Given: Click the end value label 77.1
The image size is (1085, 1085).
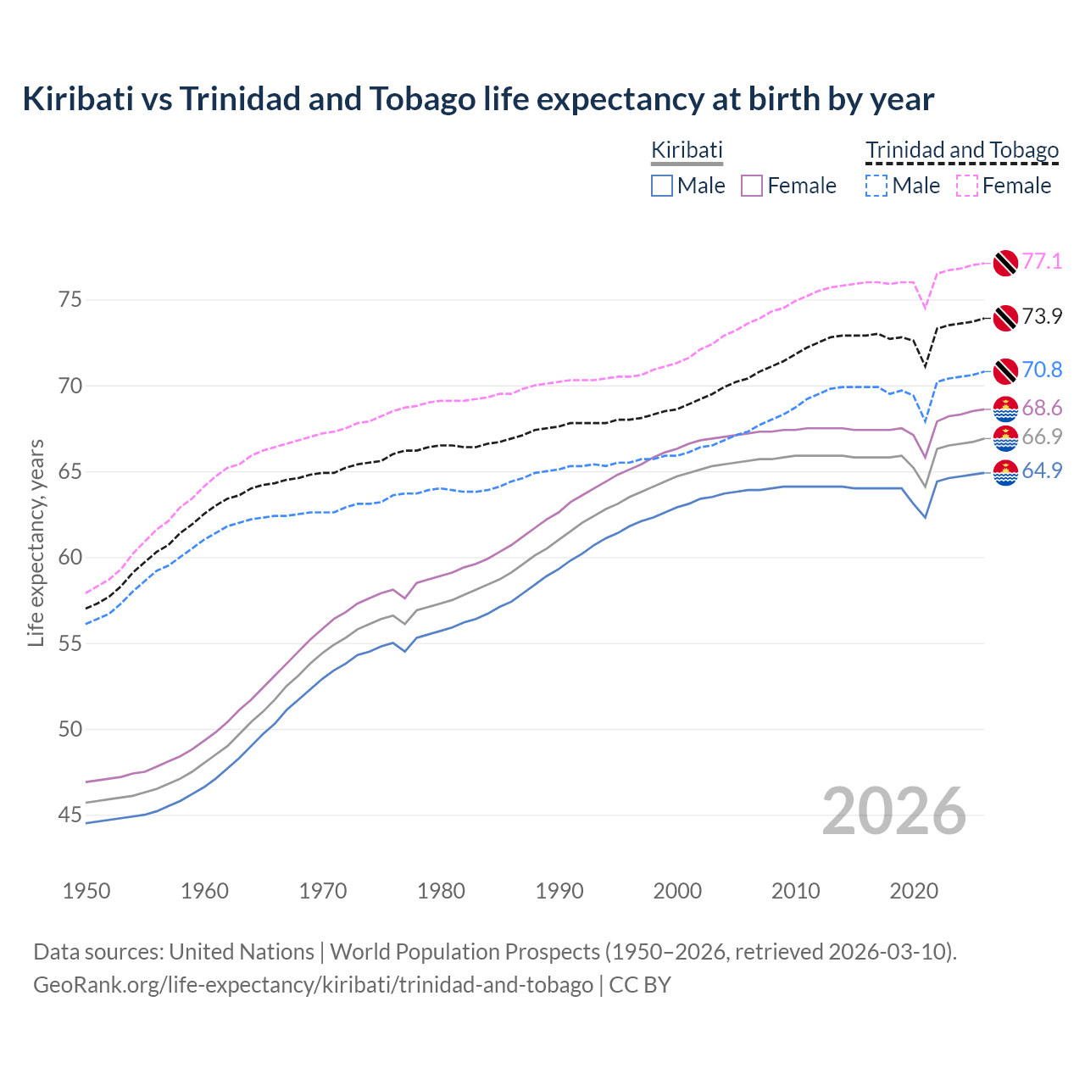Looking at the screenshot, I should tap(1042, 261).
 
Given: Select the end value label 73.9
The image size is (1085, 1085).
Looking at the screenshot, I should tap(1042, 316).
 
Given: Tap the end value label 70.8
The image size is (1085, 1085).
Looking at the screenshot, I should tap(1042, 370).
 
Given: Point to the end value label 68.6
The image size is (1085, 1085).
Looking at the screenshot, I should tap(1042, 409).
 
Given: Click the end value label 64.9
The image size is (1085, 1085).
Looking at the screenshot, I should tap(1042, 470).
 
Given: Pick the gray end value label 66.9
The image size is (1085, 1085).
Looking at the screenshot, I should tap(1042, 437).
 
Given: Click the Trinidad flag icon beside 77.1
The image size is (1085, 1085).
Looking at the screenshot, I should tap(1005, 263).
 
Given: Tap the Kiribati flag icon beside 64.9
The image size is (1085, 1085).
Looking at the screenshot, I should tap(1005, 472).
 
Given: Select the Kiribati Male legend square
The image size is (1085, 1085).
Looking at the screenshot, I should tap(662, 186).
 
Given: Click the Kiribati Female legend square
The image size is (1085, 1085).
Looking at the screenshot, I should tap(752, 186).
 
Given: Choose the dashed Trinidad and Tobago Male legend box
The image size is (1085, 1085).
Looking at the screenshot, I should tap(876, 186).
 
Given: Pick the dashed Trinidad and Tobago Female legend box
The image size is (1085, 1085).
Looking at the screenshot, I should tap(967, 186).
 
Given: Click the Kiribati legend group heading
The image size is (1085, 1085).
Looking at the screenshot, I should tap(687, 150).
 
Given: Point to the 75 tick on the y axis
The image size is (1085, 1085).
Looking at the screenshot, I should tap(70, 300).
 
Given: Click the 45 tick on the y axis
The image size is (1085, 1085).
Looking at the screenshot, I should tap(70, 815).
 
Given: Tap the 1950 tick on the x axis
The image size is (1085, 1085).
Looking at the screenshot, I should tap(86, 891).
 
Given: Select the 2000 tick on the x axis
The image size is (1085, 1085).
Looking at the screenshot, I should tap(677, 891).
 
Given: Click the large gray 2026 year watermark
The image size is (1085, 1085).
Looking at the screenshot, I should tap(894, 811).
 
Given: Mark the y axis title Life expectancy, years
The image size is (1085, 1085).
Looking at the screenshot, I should tap(36, 542).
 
